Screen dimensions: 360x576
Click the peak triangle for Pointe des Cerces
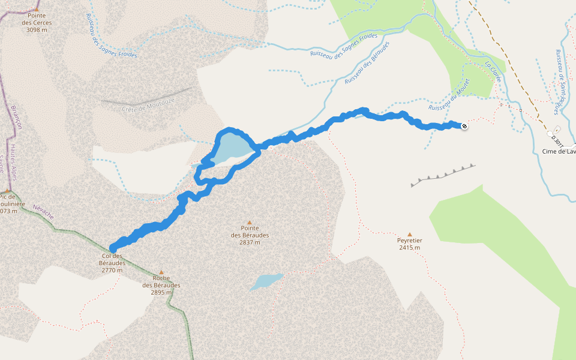(x=36, y=10)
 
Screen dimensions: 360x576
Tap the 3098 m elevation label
(x=37, y=29)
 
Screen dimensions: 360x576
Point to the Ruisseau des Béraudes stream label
(x=368, y=62)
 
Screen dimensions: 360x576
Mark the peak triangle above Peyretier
(x=410, y=235)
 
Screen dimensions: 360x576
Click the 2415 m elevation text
(x=409, y=247)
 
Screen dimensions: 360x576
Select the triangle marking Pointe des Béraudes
(x=250, y=223)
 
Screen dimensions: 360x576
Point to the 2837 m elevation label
(x=250, y=242)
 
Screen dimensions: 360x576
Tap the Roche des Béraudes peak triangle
(x=161, y=272)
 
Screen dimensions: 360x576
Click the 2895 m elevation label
(x=161, y=292)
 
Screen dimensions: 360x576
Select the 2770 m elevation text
(x=112, y=270)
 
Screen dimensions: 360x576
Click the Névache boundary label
(x=43, y=211)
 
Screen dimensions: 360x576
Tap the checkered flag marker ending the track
(x=464, y=125)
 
